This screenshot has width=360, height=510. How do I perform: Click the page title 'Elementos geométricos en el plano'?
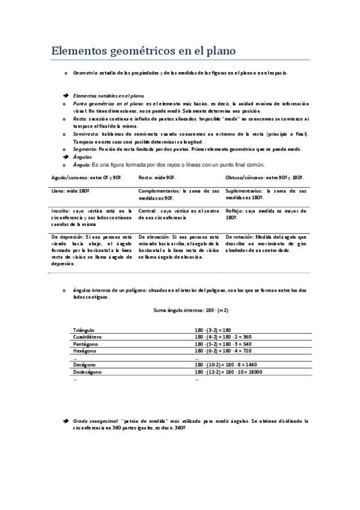click(x=142, y=50)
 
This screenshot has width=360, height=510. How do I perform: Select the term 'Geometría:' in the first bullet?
click(x=85, y=73)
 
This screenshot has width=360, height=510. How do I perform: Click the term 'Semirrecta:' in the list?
click(x=87, y=134)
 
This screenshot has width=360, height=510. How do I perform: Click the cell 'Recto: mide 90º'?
click(x=157, y=178)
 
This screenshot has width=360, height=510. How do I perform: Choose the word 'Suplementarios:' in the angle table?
click(x=243, y=191)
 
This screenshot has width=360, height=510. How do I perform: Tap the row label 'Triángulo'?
click(x=84, y=330)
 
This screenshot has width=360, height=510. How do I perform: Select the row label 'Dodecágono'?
click(x=87, y=372)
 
